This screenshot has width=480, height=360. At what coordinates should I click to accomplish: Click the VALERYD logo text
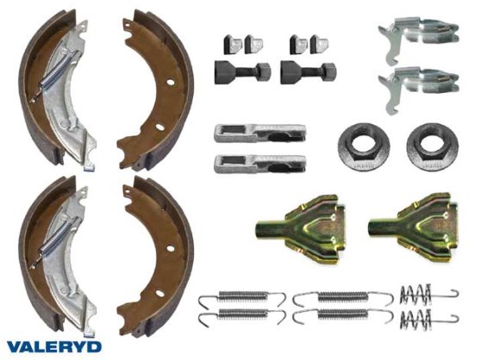tap(54, 346)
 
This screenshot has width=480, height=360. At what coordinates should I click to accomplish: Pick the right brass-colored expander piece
tap(414, 228)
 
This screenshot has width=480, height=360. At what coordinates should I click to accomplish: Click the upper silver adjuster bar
tap(260, 133)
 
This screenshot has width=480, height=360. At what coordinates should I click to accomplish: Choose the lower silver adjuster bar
tap(260, 164)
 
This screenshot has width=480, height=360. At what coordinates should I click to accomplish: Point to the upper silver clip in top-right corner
tap(419, 39)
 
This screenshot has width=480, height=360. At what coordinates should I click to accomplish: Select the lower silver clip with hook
tap(419, 89)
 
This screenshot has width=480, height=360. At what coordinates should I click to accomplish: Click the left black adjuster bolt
tap(242, 72)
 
